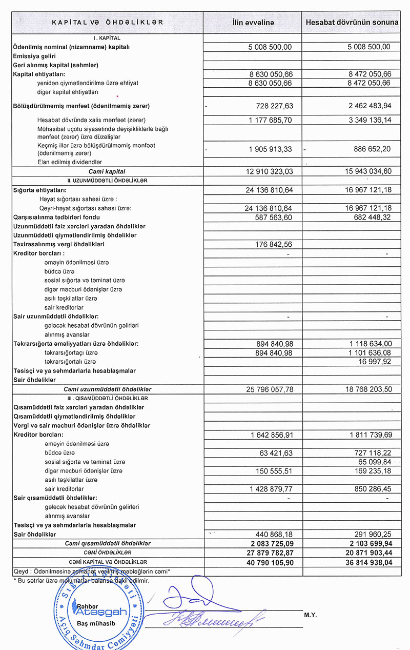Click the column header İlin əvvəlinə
(x=254, y=23)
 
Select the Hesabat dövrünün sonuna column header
(x=352, y=23)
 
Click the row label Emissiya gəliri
(x=34, y=56)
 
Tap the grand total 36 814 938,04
(x=364, y=562)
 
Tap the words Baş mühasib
(x=92, y=623)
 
